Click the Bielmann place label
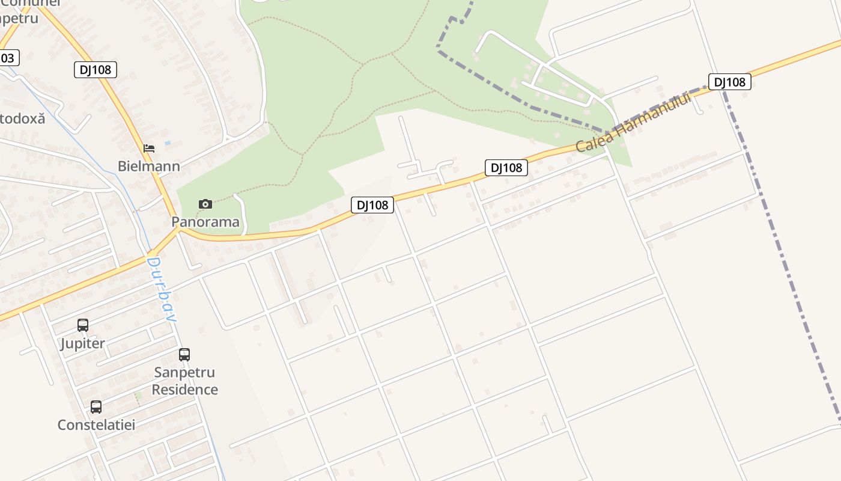(x=148, y=166)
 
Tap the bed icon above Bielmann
(x=148, y=148)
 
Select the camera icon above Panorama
(x=205, y=204)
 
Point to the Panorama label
(x=205, y=222)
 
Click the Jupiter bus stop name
(x=83, y=343)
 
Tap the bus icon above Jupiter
(x=83, y=325)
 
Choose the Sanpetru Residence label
(x=184, y=381)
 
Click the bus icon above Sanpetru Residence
(x=184, y=355)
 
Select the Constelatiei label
(x=96, y=424)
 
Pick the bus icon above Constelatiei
(x=96, y=407)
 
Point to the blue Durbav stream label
(x=162, y=289)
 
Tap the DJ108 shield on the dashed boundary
(x=729, y=82)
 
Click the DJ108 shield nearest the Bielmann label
(x=95, y=70)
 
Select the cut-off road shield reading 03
(x=8, y=58)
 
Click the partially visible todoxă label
(x=22, y=118)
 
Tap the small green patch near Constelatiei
(x=138, y=396)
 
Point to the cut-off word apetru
(x=19, y=18)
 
